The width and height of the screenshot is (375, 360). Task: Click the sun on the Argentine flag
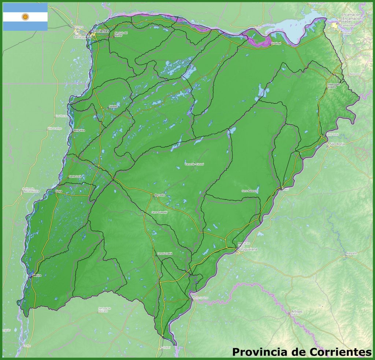pyautogui.click(x=25, y=16)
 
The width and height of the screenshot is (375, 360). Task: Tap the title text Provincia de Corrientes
pyautogui.click(x=302, y=352)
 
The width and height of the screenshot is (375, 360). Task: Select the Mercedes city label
pyautogui.click(x=160, y=195)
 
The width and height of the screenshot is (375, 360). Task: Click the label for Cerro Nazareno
pyautogui.click(x=250, y=191)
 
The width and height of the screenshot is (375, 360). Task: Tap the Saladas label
pyautogui.click(x=114, y=106)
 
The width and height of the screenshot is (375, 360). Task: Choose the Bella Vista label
pyautogui.click(x=79, y=130)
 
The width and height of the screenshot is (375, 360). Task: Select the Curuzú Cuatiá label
pyautogui.click(x=164, y=253)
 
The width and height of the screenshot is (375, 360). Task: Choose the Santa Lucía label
pyautogui.click(x=75, y=177)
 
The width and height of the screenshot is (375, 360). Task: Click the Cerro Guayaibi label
pyautogui.click(x=159, y=212)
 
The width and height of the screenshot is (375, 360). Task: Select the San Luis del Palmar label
pyautogui.click(x=121, y=34)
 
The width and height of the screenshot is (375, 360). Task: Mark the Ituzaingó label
pyautogui.click(x=275, y=43)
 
